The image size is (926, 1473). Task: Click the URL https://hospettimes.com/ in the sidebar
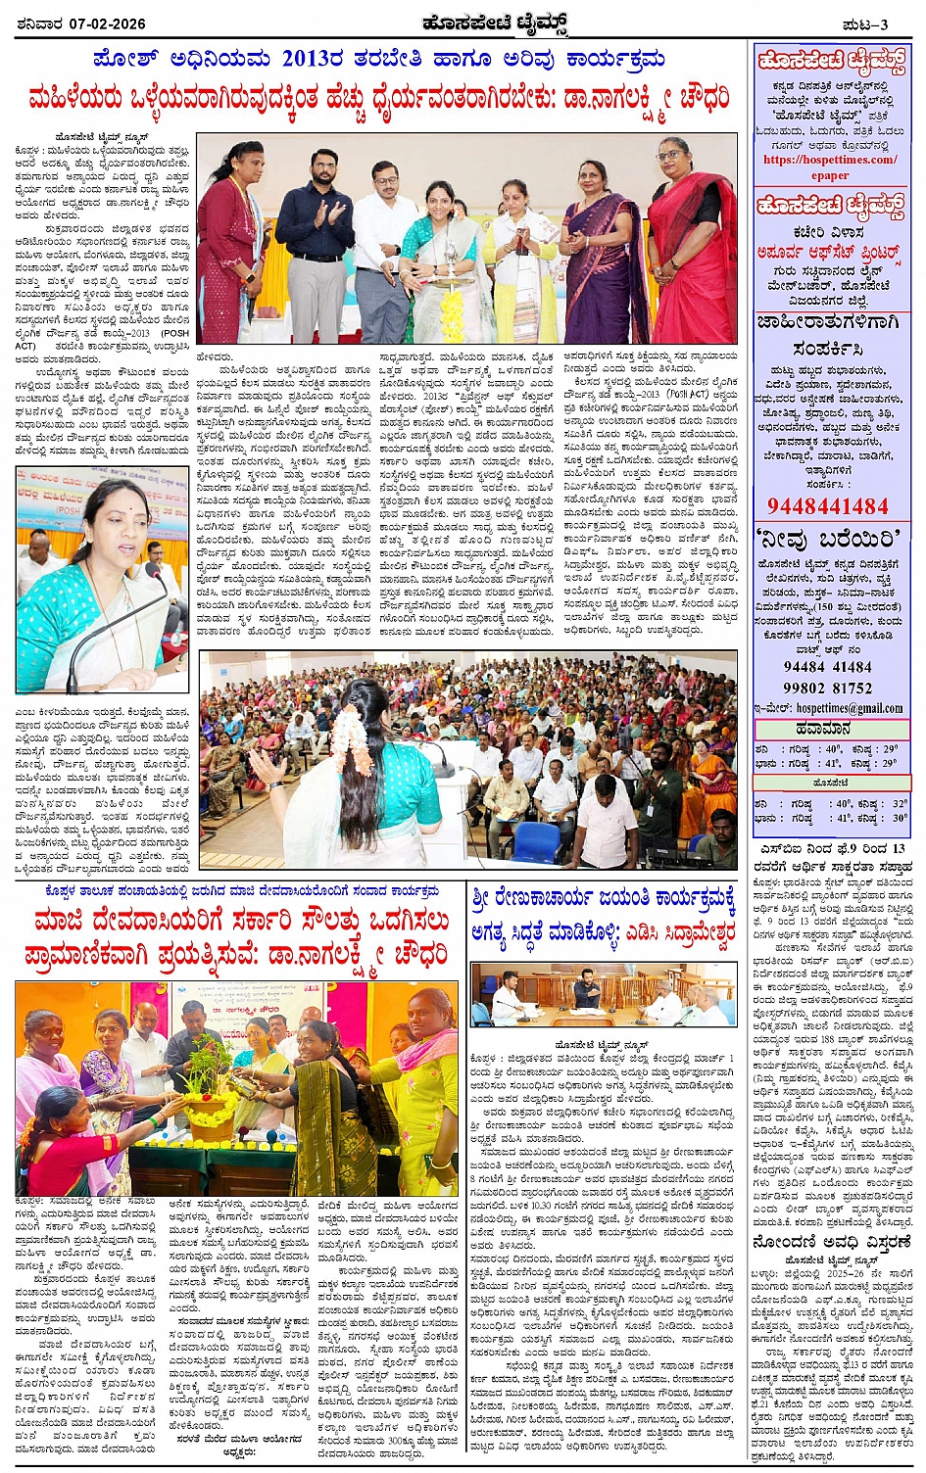point(829,160)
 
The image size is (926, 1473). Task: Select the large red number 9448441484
point(828,505)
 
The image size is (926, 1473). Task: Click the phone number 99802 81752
point(828,688)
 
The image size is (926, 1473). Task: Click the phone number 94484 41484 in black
point(828,667)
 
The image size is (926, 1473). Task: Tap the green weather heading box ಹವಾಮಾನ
point(830,729)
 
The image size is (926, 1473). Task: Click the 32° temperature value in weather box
point(900,803)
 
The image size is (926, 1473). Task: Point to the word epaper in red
point(830,175)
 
